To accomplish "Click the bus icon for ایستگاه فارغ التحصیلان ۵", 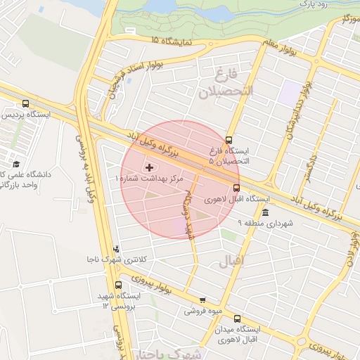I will [228, 139].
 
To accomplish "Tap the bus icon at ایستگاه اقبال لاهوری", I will [236, 188].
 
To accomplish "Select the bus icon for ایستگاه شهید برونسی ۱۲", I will [117, 285].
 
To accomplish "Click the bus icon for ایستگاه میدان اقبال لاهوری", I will [237, 318].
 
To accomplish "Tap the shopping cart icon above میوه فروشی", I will [202, 300].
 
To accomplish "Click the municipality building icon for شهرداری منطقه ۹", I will [264, 212].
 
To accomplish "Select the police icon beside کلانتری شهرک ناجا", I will [116, 249].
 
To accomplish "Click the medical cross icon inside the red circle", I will [148, 167].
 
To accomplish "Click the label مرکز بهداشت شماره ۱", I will [148, 180].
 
